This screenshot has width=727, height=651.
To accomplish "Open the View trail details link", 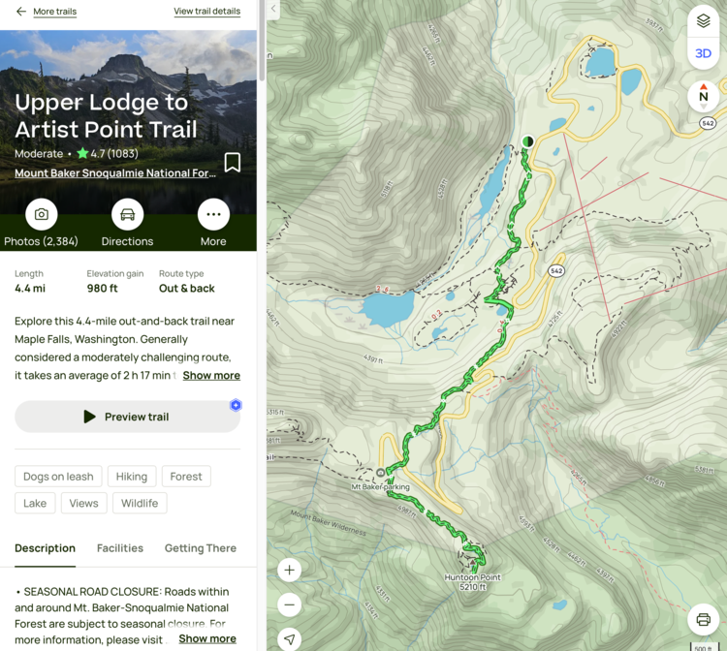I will pyautogui.click(x=206, y=12).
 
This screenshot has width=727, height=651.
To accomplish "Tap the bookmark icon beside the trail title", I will pyautogui.click(x=233, y=162).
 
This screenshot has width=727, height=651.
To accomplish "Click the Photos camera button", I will pyautogui.click(x=42, y=214).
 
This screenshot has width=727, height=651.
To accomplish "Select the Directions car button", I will pyautogui.click(x=127, y=214).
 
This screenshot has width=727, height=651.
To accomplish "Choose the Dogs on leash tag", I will pyautogui.click(x=58, y=477).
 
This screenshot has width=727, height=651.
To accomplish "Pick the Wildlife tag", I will pyautogui.click(x=140, y=504).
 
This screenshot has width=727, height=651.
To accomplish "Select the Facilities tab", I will pyautogui.click(x=120, y=548).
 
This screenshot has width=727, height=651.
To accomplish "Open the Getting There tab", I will pyautogui.click(x=201, y=548).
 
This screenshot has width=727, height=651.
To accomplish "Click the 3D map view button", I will pyautogui.click(x=703, y=53).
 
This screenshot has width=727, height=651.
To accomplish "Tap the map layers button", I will pyautogui.click(x=703, y=21).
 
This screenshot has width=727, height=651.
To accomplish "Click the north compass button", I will pyautogui.click(x=703, y=95).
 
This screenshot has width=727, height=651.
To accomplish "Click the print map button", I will pyautogui.click(x=703, y=620).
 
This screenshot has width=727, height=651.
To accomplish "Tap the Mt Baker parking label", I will pyautogui.click(x=380, y=486).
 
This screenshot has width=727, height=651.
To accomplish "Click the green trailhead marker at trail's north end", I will pyautogui.click(x=527, y=141).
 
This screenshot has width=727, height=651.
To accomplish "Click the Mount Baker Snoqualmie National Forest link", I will pyautogui.click(x=115, y=173).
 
